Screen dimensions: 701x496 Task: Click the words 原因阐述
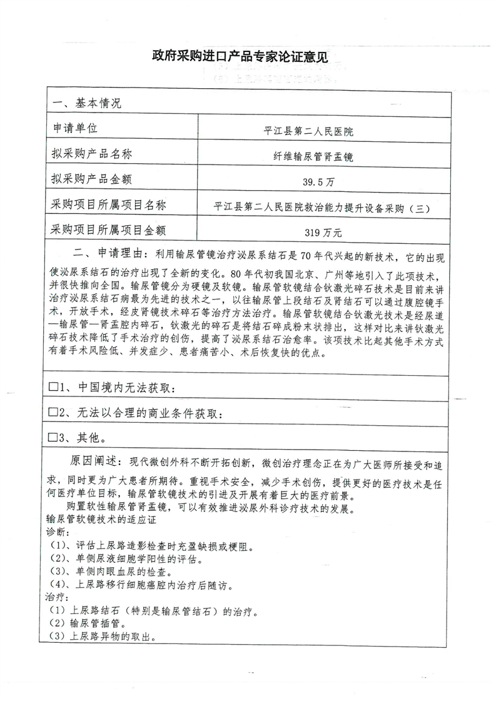93,461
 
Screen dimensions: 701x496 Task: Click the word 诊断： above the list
56,531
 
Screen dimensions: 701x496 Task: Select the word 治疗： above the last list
56,597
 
